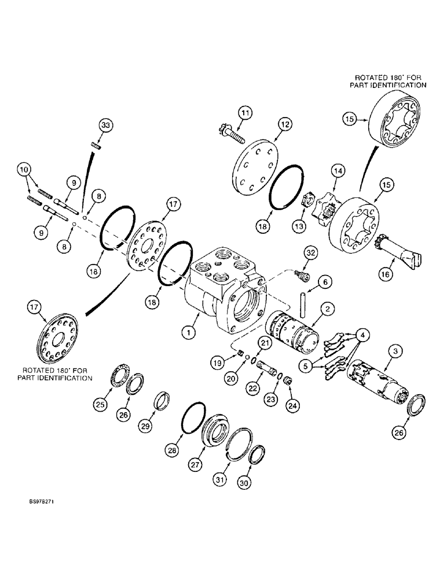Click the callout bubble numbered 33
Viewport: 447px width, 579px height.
point(104,125)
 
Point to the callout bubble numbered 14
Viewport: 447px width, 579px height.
point(338,171)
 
